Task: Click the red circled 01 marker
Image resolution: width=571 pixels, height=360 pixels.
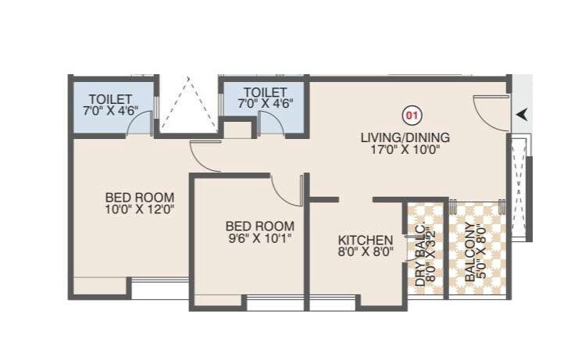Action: [412, 117]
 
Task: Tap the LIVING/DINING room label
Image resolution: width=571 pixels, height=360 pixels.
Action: [405, 137]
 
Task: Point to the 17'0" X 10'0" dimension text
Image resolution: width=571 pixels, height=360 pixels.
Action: [405, 151]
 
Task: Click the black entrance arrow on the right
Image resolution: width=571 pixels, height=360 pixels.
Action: [521, 115]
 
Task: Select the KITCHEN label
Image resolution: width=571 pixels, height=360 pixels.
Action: [365, 240]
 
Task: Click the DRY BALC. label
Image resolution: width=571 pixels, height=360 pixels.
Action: [420, 257]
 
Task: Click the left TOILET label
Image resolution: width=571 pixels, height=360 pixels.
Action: [111, 98]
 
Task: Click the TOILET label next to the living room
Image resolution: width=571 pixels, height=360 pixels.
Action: [265, 92]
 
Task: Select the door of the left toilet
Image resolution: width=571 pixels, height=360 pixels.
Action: [141, 125]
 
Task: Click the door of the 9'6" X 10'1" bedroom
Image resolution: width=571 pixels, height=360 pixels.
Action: [287, 191]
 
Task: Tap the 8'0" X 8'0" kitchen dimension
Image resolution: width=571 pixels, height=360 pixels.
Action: [365, 253]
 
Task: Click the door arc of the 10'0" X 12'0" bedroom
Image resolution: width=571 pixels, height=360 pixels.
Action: [202, 156]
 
